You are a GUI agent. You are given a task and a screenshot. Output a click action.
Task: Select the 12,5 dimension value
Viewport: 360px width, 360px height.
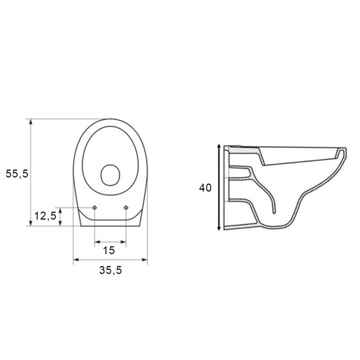pyautogui.click(x=45, y=216)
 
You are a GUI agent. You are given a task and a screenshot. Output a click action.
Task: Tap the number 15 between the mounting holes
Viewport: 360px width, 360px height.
pyautogui.click(x=109, y=251)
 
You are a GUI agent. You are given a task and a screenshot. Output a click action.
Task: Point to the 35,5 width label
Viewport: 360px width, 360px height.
pyautogui.click(x=110, y=270)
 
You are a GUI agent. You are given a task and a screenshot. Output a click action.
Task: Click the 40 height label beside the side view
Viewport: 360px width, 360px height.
pyautogui.click(x=205, y=188)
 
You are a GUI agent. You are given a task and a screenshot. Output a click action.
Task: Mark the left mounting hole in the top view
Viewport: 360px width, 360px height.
pyautogui.click(x=94, y=207)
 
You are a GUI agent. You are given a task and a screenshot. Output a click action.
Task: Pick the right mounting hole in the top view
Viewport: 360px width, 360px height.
pyautogui.click(x=126, y=207)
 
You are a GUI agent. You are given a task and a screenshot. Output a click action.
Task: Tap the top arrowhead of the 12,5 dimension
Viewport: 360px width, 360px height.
pyautogui.click(x=61, y=210)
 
